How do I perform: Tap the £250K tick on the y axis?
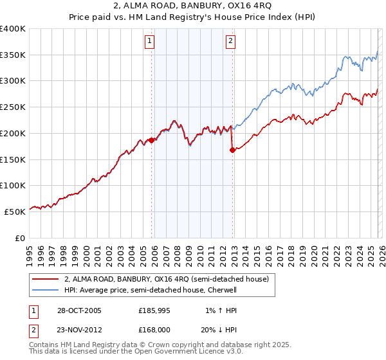(x=13, y=107)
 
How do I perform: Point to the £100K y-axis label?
(x=13, y=185)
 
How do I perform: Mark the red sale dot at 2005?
(x=152, y=139)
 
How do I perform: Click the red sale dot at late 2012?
(x=232, y=150)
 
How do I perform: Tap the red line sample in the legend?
(x=45, y=279)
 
